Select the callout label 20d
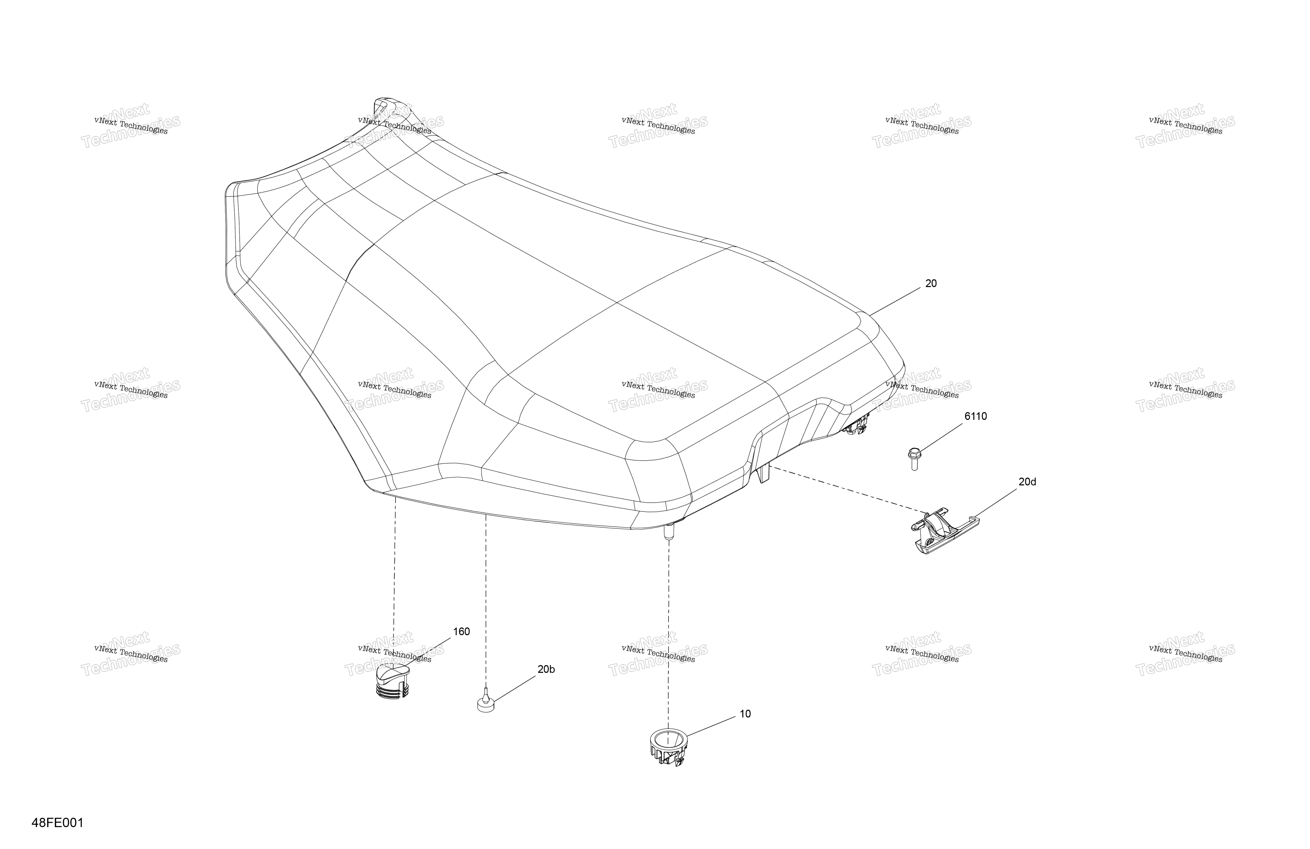click(1027, 482)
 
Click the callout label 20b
click(546, 670)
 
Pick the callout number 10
click(745, 714)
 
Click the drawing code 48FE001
click(58, 823)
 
